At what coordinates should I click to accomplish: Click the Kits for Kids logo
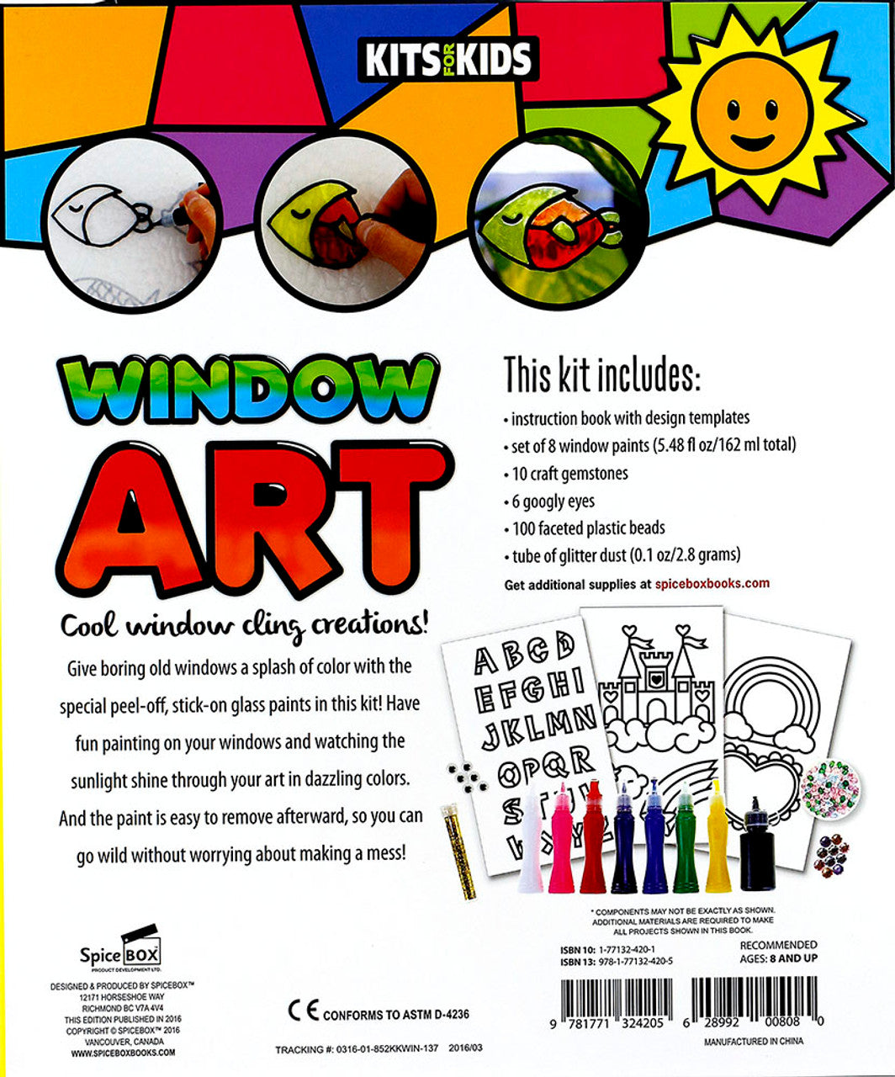(x=447, y=59)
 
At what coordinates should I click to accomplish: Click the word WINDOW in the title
(x=249, y=390)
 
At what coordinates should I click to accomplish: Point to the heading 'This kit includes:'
(x=601, y=375)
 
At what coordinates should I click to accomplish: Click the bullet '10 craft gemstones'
(x=569, y=474)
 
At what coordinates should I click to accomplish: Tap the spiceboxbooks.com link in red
(x=712, y=583)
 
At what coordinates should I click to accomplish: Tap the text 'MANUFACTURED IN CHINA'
(x=753, y=1041)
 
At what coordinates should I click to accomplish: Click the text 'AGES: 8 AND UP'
(x=766, y=958)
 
